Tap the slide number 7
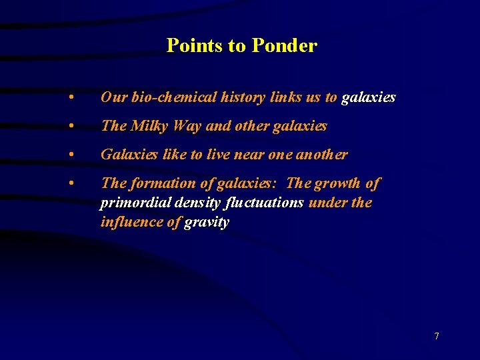pos(437,336)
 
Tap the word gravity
pos(207,222)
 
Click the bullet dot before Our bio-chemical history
pos(71,97)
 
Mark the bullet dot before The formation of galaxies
pos(71,183)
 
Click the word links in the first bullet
pos(286,97)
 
